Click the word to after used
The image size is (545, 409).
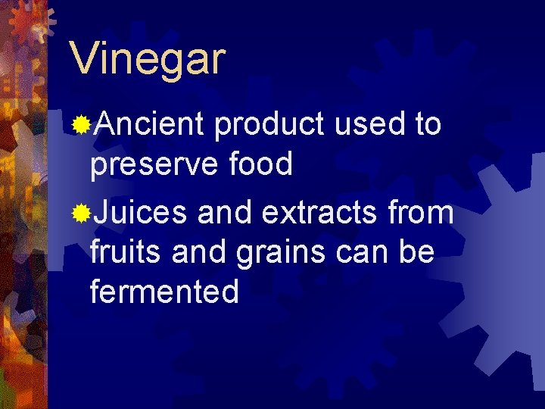click(427, 124)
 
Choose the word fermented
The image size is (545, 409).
click(164, 291)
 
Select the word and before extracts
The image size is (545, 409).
click(223, 213)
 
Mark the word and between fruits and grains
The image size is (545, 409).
click(196, 251)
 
